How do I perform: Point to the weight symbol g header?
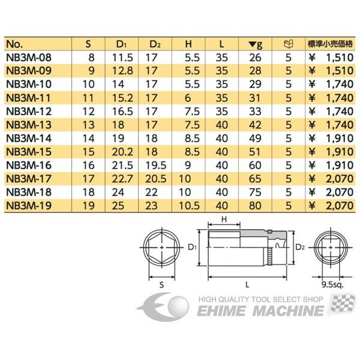click(255, 44)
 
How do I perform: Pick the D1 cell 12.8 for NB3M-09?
click(122, 70)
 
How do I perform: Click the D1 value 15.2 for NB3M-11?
click(122, 97)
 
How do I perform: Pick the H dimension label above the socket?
click(223, 221)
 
